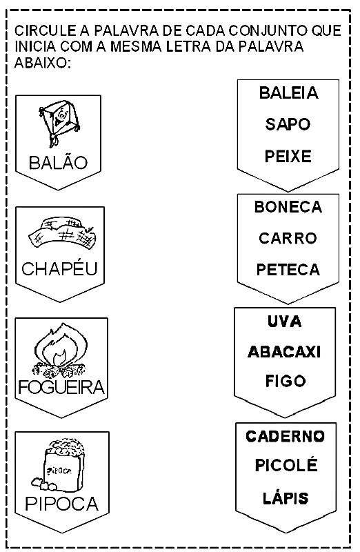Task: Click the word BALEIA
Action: point(288,93)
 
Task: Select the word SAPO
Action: point(288,124)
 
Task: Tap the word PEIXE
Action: point(288,157)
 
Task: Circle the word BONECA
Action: point(288,207)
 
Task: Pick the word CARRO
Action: point(288,238)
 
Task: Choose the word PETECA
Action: point(288,270)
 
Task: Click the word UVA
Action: point(284,322)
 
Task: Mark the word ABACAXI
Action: point(284,352)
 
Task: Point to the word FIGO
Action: point(286,381)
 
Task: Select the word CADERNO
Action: point(285,436)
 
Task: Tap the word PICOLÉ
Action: point(286,465)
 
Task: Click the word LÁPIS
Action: point(286,497)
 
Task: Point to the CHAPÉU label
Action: point(59,268)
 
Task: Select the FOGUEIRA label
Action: point(61,387)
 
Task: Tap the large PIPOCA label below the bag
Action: point(62,504)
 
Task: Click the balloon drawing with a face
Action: point(59,122)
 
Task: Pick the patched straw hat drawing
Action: point(62,233)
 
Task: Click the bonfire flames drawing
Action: point(60,350)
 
